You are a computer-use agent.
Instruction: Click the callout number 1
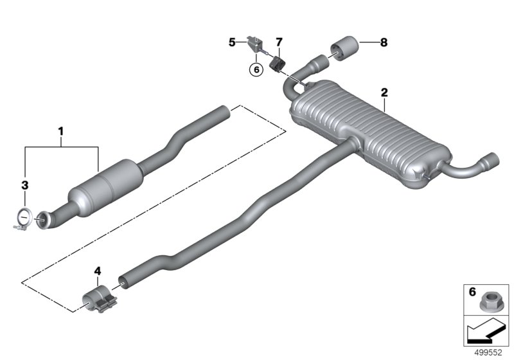coord(61,132)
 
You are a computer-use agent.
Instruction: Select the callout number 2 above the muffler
coord(384,93)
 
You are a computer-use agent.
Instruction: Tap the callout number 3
coord(25,185)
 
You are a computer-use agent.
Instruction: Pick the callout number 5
coord(232,43)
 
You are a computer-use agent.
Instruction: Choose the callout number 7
coord(279,43)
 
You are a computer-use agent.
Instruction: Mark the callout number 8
coord(384,43)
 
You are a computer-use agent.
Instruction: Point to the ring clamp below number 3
coord(23,219)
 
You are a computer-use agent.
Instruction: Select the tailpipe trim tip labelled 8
coord(345,48)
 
